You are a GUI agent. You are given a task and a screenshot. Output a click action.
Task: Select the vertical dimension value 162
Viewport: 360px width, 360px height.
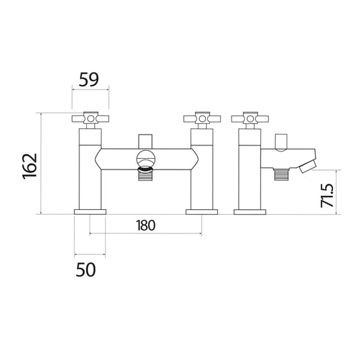[x=29, y=165]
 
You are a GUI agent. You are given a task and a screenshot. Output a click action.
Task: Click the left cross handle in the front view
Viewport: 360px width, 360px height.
[x=89, y=120]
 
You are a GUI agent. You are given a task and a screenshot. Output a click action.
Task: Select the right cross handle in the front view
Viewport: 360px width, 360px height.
[x=201, y=120]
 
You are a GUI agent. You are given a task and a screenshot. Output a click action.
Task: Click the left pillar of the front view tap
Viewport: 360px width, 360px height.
[x=89, y=172]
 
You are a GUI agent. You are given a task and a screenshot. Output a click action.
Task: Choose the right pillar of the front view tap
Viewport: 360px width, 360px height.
[x=201, y=172]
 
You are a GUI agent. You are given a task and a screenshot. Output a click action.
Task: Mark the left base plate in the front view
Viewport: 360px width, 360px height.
[x=89, y=213]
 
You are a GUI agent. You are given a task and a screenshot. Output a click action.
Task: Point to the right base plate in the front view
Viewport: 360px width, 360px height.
[x=201, y=213]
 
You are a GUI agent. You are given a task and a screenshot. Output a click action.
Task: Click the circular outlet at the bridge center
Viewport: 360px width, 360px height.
[x=145, y=160]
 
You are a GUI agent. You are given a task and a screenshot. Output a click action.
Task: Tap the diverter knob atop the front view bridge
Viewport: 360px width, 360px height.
[x=145, y=141]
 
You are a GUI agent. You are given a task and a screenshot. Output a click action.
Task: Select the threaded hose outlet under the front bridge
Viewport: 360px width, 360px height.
[x=145, y=178]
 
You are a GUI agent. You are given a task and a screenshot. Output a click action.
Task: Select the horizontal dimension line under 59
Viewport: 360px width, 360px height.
[x=89, y=91]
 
